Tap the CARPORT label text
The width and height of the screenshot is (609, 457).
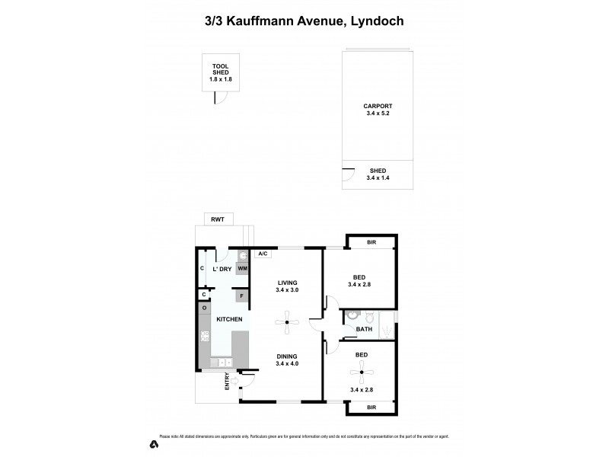(378, 107)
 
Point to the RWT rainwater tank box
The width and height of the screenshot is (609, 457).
(221, 220)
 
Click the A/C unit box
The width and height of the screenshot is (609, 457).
(263, 254)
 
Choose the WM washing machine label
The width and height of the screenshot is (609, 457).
(242, 269)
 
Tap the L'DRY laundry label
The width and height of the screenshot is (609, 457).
(222, 269)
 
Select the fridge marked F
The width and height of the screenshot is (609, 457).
(242, 295)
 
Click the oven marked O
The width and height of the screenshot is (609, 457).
(205, 308)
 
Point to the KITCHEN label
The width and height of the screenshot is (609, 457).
(229, 319)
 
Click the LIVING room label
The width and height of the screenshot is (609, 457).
(287, 283)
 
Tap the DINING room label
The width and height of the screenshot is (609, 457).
(287, 356)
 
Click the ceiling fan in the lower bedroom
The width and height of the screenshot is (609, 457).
(361, 373)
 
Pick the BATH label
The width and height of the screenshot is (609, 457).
(364, 330)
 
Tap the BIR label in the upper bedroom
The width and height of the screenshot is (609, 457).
(371, 242)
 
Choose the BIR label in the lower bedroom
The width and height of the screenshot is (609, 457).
(371, 407)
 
